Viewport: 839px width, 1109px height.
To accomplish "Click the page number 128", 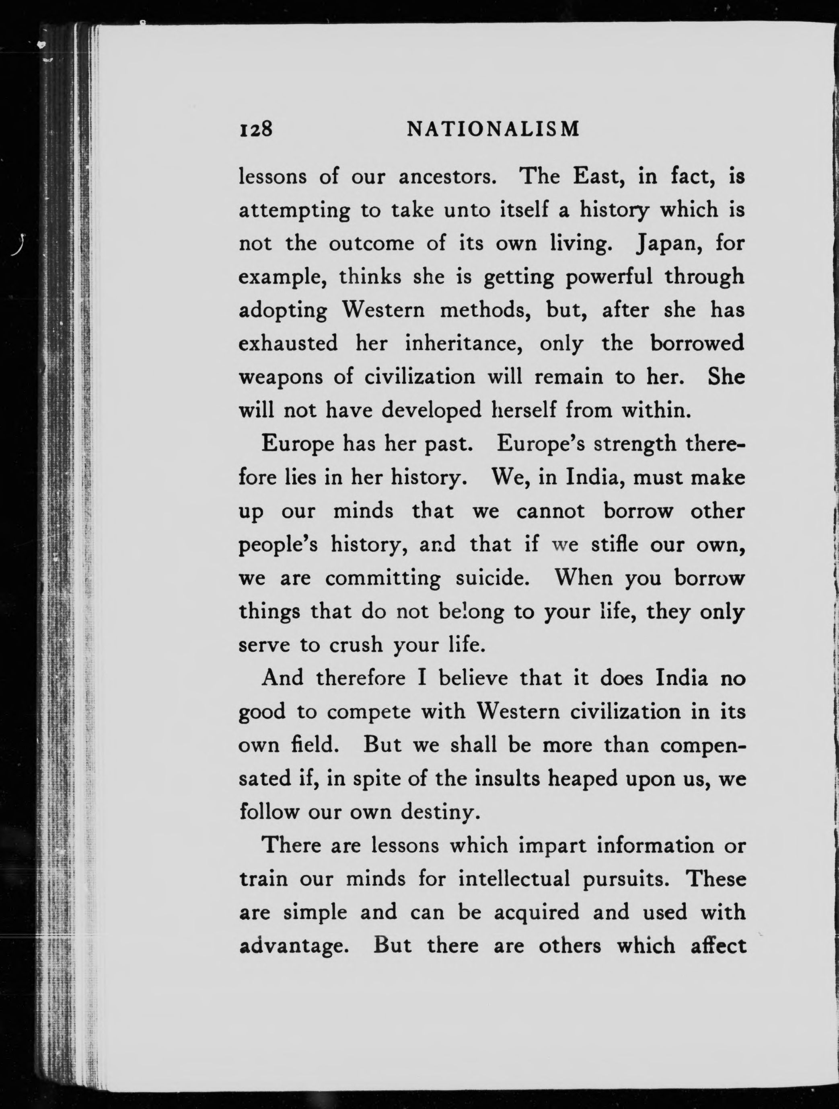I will pos(255,129).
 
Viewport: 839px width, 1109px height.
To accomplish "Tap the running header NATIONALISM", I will pos(493,129).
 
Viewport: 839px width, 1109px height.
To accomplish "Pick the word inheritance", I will pos(463,344).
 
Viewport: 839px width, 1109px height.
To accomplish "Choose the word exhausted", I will pos(288,344).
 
